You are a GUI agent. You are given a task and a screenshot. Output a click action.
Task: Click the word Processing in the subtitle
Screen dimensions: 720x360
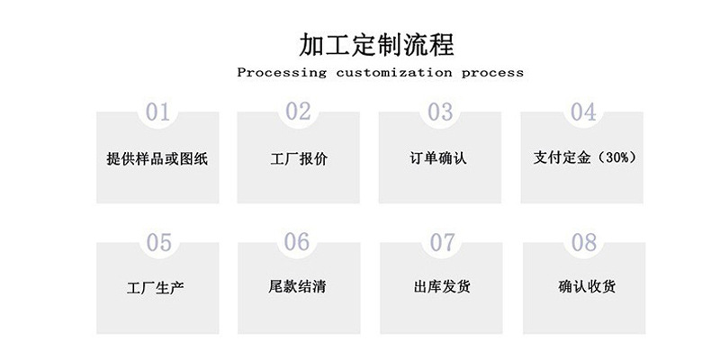[282, 72]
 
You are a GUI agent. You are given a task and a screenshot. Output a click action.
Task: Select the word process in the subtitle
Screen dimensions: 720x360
[491, 72]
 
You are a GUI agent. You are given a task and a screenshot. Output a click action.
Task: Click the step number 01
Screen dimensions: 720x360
[157, 112]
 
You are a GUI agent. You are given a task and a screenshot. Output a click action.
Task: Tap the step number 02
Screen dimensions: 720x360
[298, 112]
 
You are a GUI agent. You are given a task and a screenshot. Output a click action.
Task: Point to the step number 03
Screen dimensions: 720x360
[439, 112]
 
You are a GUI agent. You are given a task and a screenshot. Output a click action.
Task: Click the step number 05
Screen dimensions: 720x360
[158, 243]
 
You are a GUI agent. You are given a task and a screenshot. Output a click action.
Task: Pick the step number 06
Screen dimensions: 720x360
[297, 242]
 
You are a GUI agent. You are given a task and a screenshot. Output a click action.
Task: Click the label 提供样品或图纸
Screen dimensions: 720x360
[157, 159]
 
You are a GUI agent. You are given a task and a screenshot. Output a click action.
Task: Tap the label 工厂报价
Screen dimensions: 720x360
[299, 159]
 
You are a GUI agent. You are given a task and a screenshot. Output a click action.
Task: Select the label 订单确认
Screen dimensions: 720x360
[438, 158]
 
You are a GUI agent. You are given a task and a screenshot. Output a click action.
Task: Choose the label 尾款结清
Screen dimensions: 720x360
[297, 289]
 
